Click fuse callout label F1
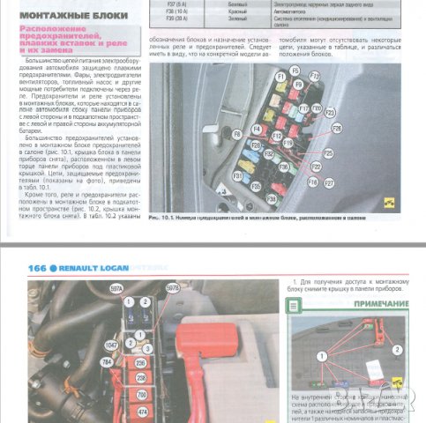coord(280,77)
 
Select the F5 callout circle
coord(295,70)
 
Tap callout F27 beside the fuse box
coord(329,183)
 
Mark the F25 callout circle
coord(328,152)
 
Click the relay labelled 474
coord(141,411)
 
